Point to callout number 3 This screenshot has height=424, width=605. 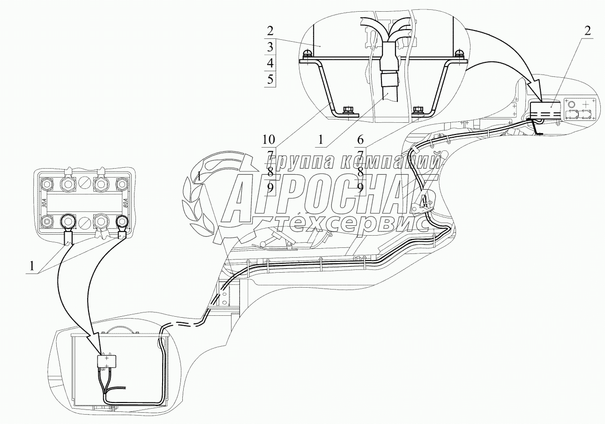click(x=269, y=47)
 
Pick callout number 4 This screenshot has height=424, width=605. click(x=269, y=63)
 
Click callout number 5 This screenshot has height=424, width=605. click(x=269, y=79)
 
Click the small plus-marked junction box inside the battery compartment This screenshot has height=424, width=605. click(x=107, y=361)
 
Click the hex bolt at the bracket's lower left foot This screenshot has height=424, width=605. click(x=348, y=111)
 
